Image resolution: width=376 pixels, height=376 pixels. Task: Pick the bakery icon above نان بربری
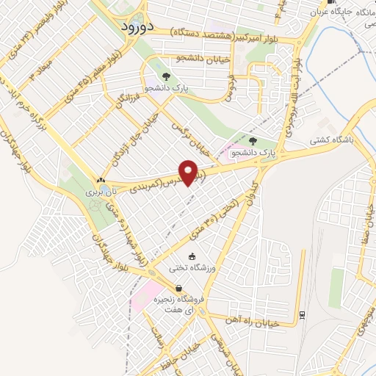[x=101, y=180]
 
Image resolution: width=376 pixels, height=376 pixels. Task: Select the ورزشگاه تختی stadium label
[x=192, y=269]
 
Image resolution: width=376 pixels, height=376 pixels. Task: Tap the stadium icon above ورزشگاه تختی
[x=192, y=257]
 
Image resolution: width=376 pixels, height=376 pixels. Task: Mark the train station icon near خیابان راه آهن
[x=302, y=316]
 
